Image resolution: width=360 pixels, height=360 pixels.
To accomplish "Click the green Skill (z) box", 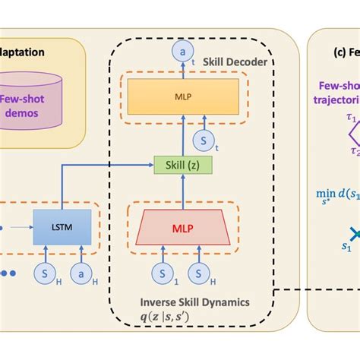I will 182,165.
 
